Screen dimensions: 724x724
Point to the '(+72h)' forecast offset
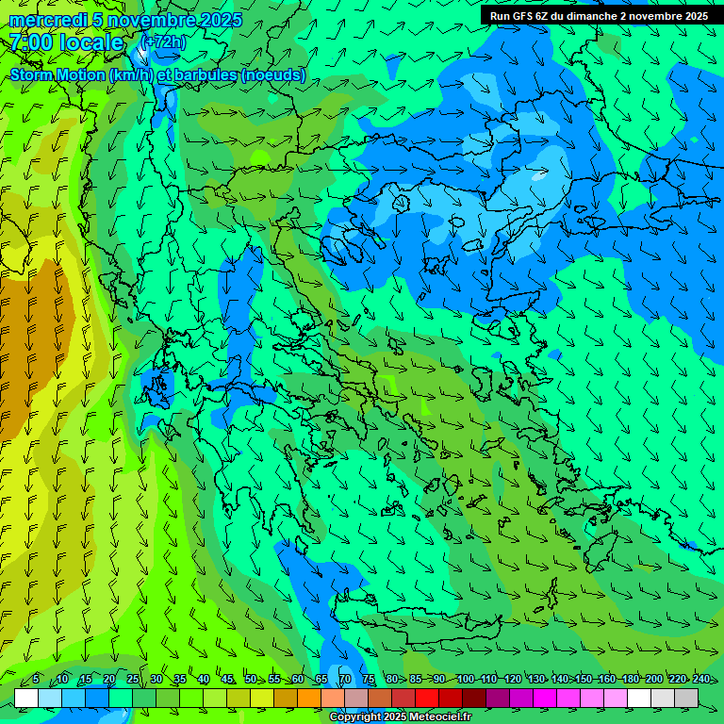[x=163, y=42]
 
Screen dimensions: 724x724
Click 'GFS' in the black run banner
[x=521, y=16]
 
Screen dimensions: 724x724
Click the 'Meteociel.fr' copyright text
[x=423, y=717]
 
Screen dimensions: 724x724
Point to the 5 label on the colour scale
[x=36, y=679]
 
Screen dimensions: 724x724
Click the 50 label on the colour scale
[x=251, y=679]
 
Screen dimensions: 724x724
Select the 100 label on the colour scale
[x=465, y=679]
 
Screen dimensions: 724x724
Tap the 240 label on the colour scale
[x=701, y=679]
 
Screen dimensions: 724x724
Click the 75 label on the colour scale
[x=369, y=679]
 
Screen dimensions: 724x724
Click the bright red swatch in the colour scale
[x=427, y=698]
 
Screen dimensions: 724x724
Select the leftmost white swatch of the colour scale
[x=26, y=698]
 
